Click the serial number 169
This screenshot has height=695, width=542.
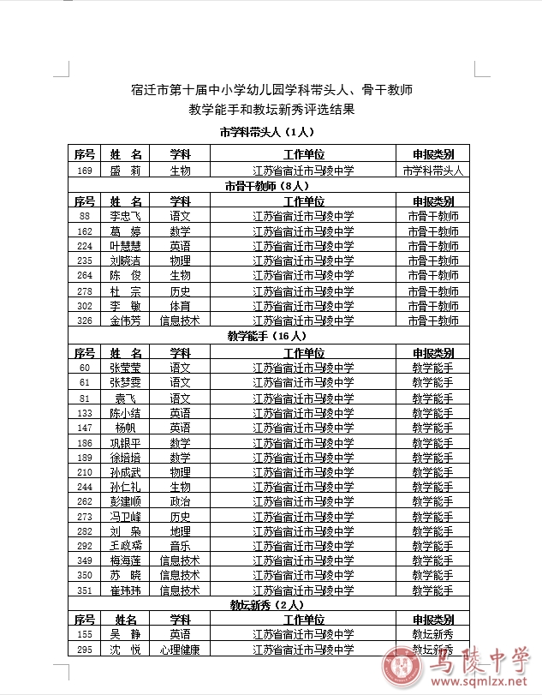click(85, 171)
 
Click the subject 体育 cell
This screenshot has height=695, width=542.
click(180, 306)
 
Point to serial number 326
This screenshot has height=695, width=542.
click(85, 321)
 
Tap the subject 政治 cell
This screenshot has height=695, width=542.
click(180, 501)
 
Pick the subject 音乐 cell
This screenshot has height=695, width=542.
click(180, 546)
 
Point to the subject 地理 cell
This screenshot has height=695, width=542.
click(180, 531)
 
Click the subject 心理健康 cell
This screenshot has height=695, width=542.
click(180, 650)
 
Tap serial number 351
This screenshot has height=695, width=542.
click(85, 590)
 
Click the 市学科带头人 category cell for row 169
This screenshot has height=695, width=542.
click(432, 171)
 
